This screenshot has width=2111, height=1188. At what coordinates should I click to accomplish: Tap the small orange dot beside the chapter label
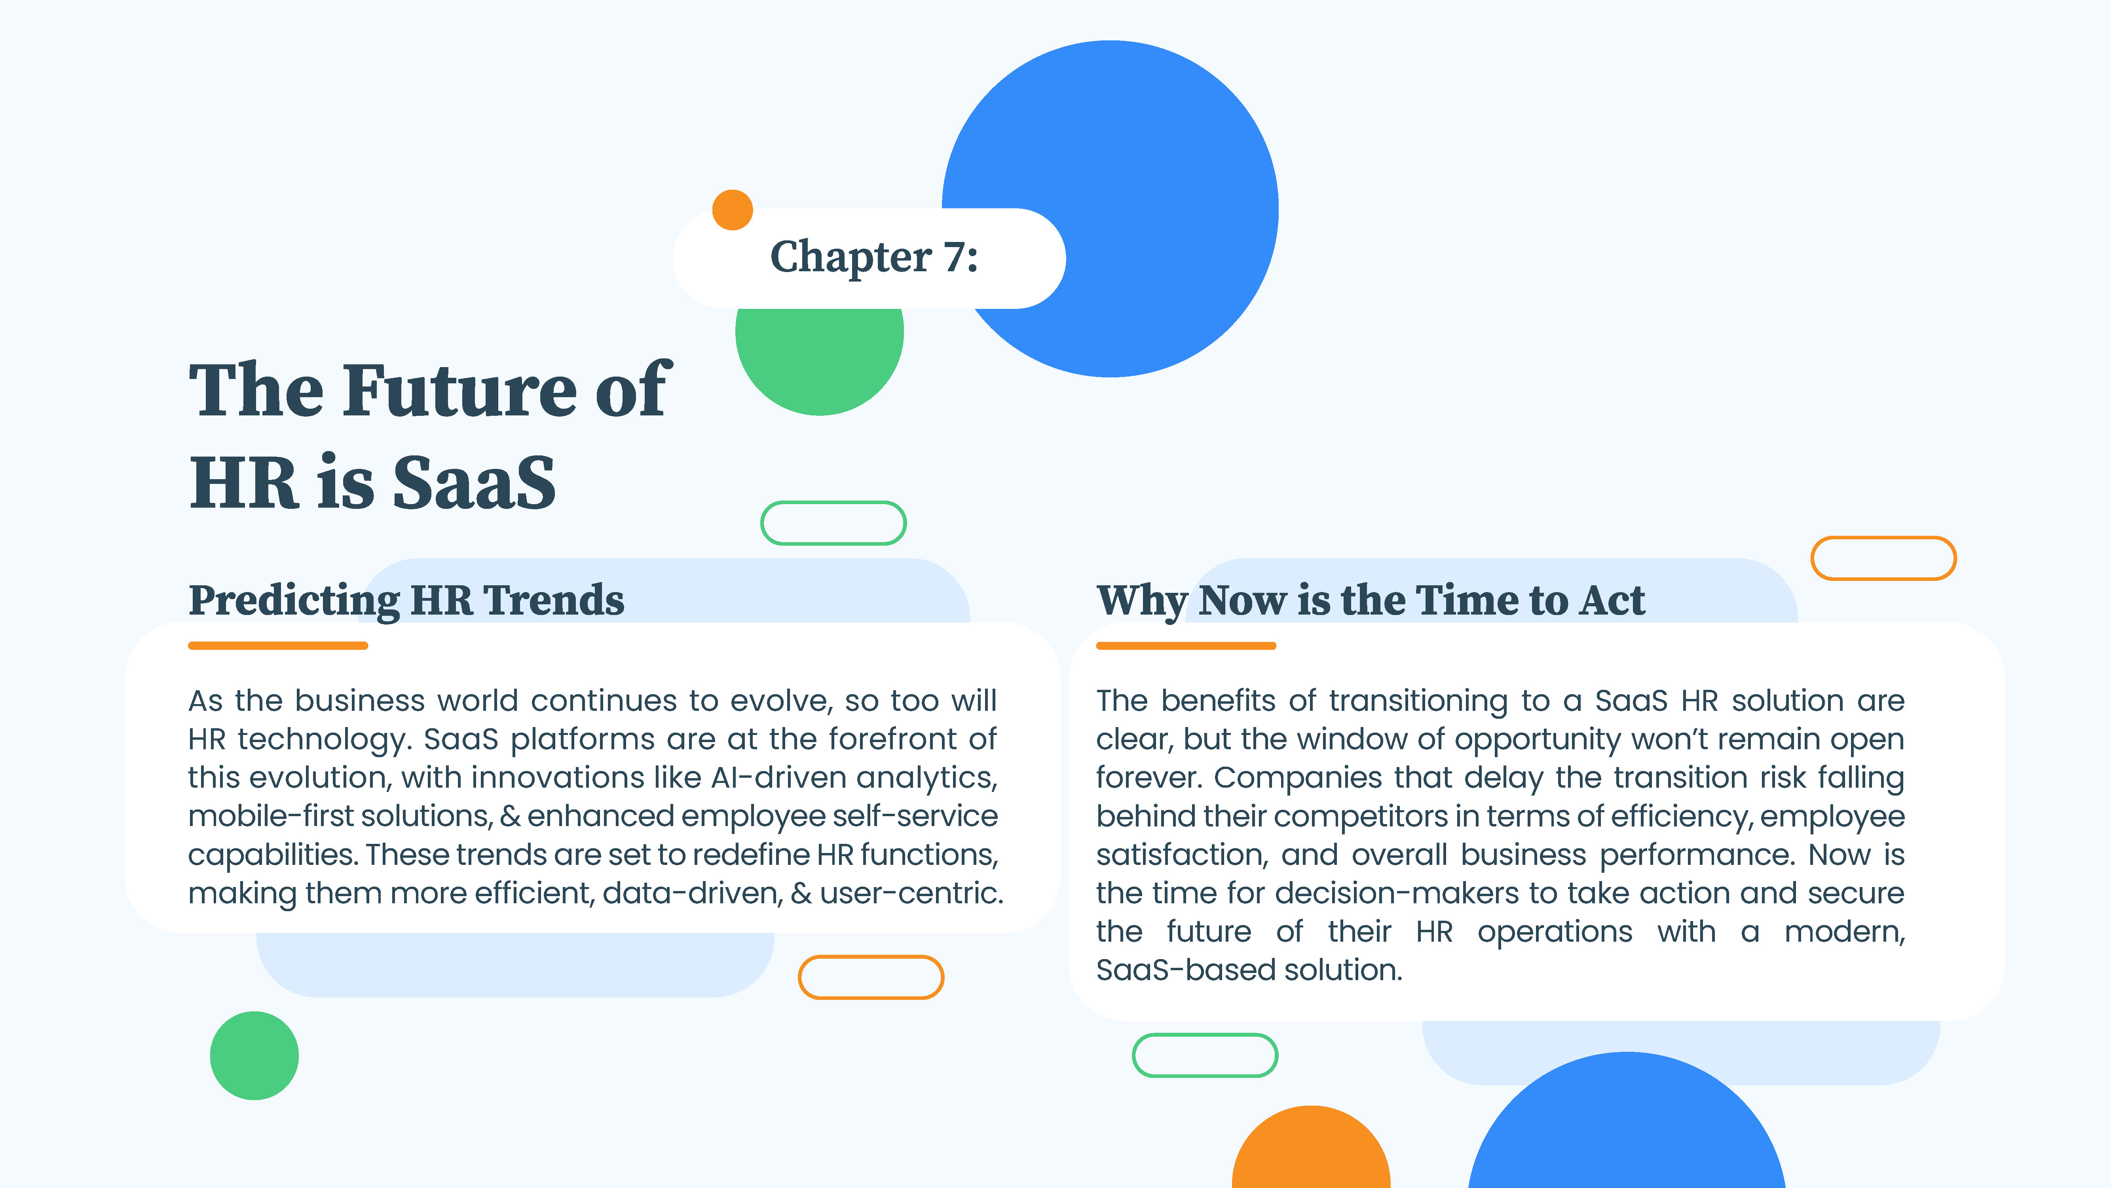733,210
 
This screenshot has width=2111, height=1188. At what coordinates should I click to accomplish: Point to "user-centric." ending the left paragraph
911,893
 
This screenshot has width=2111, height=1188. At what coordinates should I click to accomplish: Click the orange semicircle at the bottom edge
1311,1148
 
